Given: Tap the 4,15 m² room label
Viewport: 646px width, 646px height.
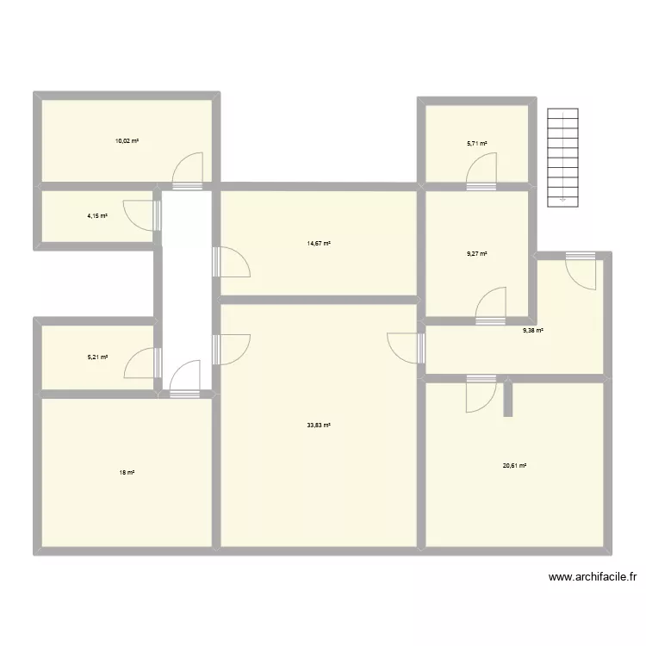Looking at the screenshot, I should [x=97, y=215].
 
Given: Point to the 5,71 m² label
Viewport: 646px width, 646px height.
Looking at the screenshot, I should [x=477, y=144].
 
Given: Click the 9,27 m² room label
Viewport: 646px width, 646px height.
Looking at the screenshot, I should [x=477, y=253].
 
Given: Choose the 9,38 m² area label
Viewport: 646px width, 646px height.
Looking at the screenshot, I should [x=535, y=330].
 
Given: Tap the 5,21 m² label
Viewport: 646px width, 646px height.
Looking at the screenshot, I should [x=97, y=355].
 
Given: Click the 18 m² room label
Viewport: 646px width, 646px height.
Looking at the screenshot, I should [x=127, y=473].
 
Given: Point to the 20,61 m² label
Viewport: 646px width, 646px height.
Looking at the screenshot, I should [x=515, y=466].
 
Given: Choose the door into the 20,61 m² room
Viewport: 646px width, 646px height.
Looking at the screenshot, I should [x=480, y=393].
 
